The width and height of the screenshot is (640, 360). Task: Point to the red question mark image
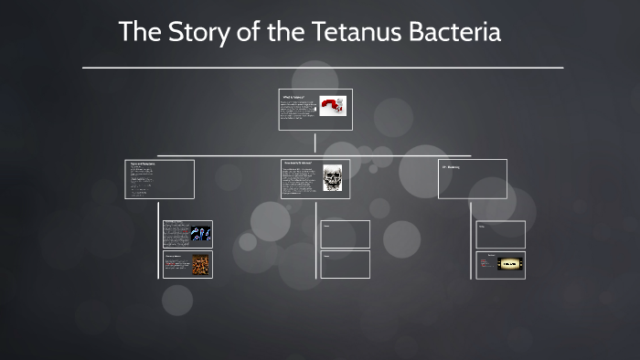click(333, 106)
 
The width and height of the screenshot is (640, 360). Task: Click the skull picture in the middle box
click(333, 177)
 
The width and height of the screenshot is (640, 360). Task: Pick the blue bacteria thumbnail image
click(200, 234)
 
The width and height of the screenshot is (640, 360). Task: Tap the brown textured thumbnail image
click(200, 265)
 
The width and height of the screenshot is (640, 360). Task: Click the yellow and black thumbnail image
click(510, 264)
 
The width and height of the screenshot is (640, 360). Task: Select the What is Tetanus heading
click(293, 95)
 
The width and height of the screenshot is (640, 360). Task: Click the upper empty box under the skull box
click(345, 234)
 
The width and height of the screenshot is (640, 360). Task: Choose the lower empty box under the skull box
click(345, 264)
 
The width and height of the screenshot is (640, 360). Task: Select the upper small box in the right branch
click(501, 234)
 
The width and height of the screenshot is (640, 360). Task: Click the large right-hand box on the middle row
click(473, 179)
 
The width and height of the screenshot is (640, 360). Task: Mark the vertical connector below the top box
click(315, 142)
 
